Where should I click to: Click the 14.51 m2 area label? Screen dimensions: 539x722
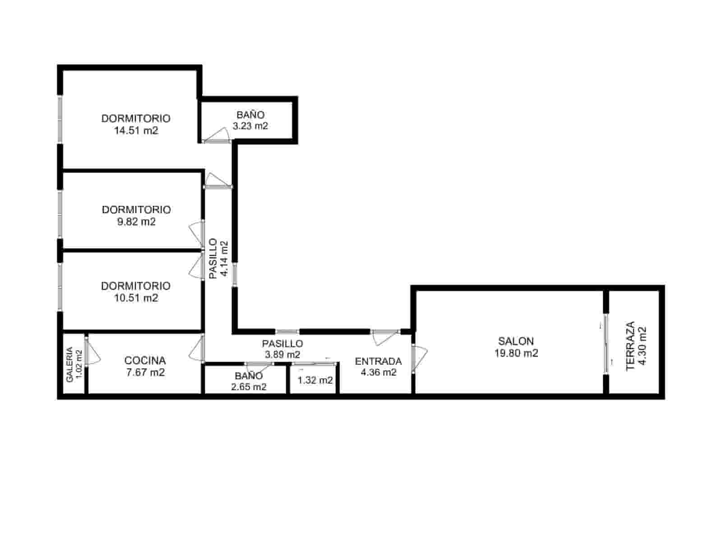tap(136, 131)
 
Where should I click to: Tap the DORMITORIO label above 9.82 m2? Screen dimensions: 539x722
tap(136, 209)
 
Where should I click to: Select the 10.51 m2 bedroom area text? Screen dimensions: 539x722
tap(136, 298)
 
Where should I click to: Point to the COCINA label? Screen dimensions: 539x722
tap(145, 360)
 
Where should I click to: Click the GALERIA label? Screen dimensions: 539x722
tap(69, 364)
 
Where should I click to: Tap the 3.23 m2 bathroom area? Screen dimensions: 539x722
tap(250, 126)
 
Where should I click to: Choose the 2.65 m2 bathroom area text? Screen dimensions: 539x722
tap(250, 387)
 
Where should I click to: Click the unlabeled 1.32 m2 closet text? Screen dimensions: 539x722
tap(315, 381)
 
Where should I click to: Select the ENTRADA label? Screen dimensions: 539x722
tap(378, 361)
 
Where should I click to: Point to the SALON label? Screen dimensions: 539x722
tap(516, 341)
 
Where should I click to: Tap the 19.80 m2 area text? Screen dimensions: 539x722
tap(516, 353)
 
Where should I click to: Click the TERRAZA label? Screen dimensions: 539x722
tap(630, 345)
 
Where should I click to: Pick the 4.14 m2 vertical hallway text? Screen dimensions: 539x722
tap(224, 260)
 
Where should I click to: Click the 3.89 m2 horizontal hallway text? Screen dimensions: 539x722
tap(282, 355)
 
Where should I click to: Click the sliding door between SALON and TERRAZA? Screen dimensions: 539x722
tap(606, 343)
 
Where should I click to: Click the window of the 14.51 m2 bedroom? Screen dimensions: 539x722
tap(60, 119)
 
